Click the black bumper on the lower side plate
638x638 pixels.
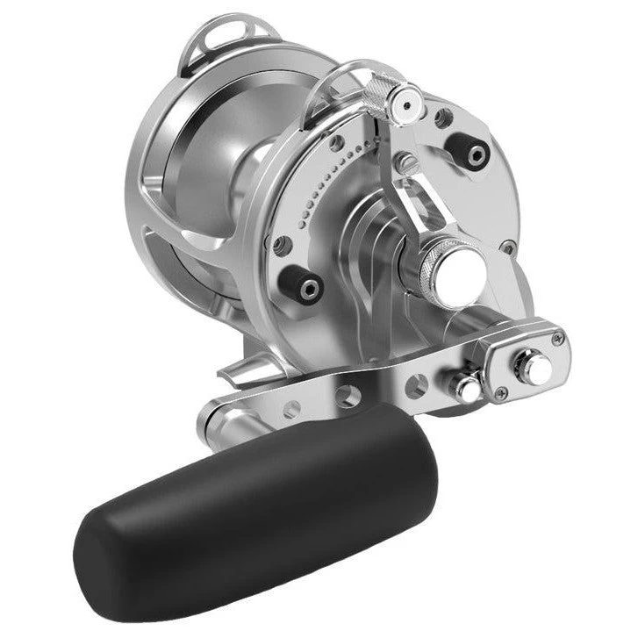pyautogui.click(x=306, y=287)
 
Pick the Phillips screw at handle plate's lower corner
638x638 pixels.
pyautogui.click(x=501, y=392)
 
